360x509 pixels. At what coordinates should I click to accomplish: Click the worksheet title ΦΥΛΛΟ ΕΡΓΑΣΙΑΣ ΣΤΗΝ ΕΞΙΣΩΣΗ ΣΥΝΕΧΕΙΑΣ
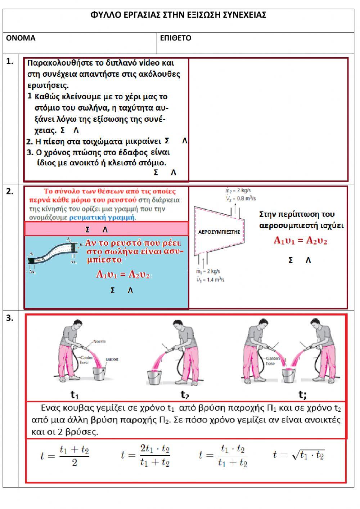click(179, 15)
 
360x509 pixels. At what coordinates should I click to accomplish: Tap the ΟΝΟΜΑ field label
click(21, 38)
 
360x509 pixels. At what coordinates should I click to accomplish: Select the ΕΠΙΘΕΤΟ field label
click(176, 38)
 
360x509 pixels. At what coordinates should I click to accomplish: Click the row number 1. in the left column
click(10, 62)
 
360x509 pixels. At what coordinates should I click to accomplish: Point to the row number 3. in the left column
click(10, 318)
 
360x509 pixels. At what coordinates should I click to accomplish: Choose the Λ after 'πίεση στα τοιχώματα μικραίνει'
click(185, 141)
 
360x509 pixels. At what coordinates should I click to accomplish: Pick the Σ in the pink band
click(87, 229)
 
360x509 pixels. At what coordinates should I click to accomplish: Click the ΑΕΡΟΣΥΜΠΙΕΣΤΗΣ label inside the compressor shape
click(219, 232)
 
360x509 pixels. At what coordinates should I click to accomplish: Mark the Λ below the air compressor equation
click(308, 260)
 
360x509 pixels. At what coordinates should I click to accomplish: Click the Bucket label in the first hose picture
click(112, 359)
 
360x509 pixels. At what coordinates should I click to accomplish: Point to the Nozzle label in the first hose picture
click(99, 341)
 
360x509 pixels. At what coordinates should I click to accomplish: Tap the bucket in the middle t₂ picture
click(156, 377)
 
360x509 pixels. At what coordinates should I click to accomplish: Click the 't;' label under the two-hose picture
click(302, 395)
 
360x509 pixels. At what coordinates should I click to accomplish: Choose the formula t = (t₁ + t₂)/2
click(65, 455)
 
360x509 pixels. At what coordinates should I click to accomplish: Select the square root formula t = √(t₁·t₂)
click(299, 455)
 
